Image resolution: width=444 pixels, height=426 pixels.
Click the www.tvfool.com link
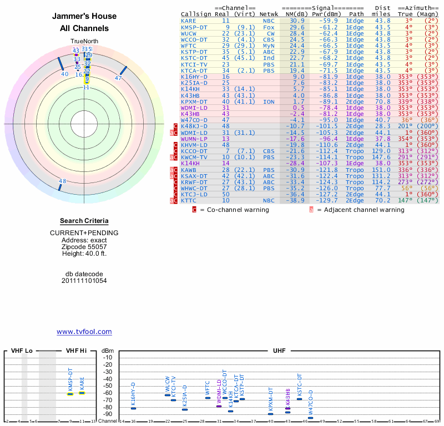pyautogui.click(x=84, y=332)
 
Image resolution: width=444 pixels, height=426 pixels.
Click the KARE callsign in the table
pyautogui.click(x=188, y=21)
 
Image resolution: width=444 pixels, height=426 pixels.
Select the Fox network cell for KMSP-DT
pyautogui.click(x=269, y=27)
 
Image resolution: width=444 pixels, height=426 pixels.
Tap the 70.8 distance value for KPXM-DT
pyautogui.click(x=382, y=102)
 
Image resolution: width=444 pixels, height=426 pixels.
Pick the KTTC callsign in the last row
pyautogui.click(x=188, y=201)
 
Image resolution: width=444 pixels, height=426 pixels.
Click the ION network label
pyautogui.click(x=269, y=102)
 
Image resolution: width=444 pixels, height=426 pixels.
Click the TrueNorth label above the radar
pyautogui.click(x=84, y=42)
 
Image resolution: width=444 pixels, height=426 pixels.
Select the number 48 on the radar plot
pyautogui.click(x=62, y=181)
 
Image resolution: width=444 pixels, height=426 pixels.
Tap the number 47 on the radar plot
pyautogui.click(x=118, y=78)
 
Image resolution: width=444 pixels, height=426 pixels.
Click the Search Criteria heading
pyautogui.click(x=84, y=221)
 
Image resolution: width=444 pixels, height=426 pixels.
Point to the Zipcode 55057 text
pyautogui.click(x=84, y=247)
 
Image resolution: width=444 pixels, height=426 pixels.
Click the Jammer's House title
pyautogui.click(x=84, y=17)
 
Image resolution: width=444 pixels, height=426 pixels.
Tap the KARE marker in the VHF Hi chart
pyautogui.click(x=82, y=392)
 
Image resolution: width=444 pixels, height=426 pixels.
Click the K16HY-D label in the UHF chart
pyautogui.click(x=133, y=394)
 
